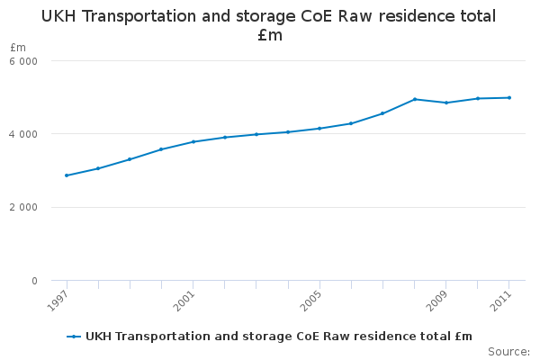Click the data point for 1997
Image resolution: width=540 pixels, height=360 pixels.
(67, 175)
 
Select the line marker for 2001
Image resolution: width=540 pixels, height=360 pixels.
(193, 141)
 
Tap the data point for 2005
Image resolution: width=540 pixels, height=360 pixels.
(319, 129)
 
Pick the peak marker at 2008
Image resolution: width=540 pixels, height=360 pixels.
(415, 99)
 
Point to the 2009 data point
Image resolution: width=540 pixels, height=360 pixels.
(446, 103)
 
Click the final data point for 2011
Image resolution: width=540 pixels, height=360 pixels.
(509, 98)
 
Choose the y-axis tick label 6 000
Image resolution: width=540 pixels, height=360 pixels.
(23, 61)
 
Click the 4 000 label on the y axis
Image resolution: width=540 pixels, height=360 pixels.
(23, 134)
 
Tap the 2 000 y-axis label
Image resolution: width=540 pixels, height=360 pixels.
(23, 207)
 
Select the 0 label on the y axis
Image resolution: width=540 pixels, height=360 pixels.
(34, 281)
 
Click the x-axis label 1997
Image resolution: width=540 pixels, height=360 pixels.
(58, 301)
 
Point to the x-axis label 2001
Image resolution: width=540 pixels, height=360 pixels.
(184, 301)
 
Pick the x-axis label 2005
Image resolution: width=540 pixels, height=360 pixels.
(311, 301)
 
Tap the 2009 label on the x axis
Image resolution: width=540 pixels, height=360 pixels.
(437, 301)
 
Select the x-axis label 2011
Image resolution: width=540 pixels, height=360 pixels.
(500, 301)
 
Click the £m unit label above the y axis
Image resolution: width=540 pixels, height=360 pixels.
(18, 47)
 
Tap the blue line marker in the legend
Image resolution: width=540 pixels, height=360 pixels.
(74, 337)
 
